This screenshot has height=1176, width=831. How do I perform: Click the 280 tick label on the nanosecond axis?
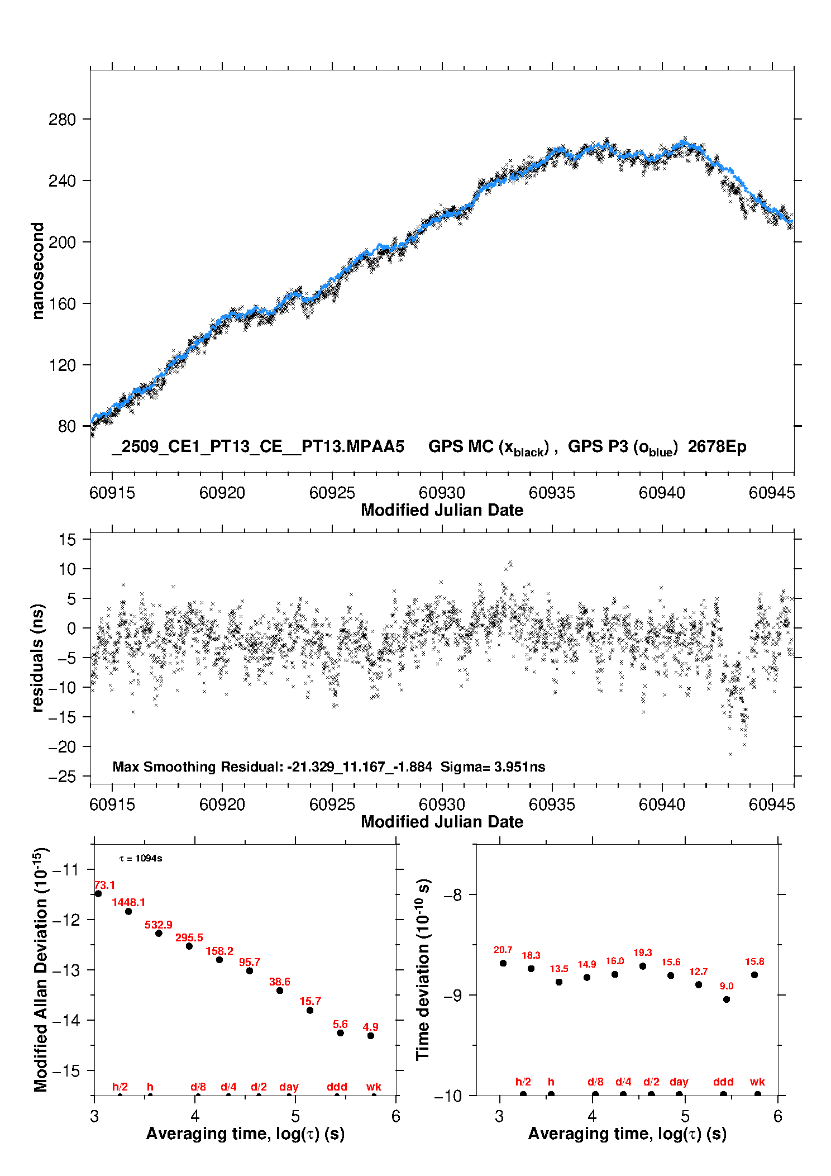[61, 120]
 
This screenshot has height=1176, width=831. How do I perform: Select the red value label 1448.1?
[128, 902]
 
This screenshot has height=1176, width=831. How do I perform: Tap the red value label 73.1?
[104, 885]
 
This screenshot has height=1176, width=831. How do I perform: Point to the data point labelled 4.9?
[371, 1036]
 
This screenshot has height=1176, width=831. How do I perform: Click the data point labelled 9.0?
[727, 999]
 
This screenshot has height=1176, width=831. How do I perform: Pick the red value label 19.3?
[643, 953]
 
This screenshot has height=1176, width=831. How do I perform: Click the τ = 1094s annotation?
[141, 858]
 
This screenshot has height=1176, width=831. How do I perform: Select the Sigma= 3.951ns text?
[493, 766]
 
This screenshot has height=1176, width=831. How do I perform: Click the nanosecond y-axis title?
[37, 271]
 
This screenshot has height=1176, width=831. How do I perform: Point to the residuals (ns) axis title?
[37, 658]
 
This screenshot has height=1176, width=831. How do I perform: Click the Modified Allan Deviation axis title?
[41, 969]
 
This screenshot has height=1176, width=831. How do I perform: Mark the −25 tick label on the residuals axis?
[61, 777]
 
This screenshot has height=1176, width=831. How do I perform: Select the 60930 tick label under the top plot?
[442, 493]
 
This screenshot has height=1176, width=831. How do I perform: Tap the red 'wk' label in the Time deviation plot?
[757, 1082]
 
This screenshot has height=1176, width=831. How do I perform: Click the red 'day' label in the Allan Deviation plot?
[289, 1087]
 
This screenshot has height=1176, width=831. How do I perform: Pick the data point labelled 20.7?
[503, 963]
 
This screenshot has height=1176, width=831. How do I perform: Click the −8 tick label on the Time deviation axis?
[452, 895]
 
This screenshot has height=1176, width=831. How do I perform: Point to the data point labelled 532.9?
[159, 934]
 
